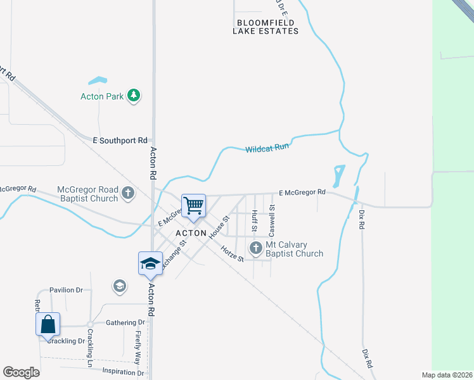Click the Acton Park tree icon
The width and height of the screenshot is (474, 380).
pyautogui.click(x=133, y=96)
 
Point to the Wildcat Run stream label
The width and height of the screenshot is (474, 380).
pyautogui.click(x=267, y=149)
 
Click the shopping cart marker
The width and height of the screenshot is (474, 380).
pyautogui.click(x=193, y=205)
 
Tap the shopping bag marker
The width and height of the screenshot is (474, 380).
pyautogui.click(x=48, y=325)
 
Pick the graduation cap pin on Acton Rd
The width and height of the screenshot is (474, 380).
pyautogui.click(x=151, y=263)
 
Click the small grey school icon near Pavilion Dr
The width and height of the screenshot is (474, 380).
pyautogui.click(x=119, y=287)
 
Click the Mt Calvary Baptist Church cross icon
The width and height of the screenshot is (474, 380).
pyautogui.click(x=256, y=248)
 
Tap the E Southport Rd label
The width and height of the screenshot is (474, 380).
pyautogui.click(x=120, y=140)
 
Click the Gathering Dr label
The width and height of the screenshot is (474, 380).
pyautogui.click(x=125, y=322)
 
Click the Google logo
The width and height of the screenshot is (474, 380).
pyautogui.click(x=21, y=372)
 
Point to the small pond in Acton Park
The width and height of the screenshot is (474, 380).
pyautogui.click(x=98, y=81)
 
